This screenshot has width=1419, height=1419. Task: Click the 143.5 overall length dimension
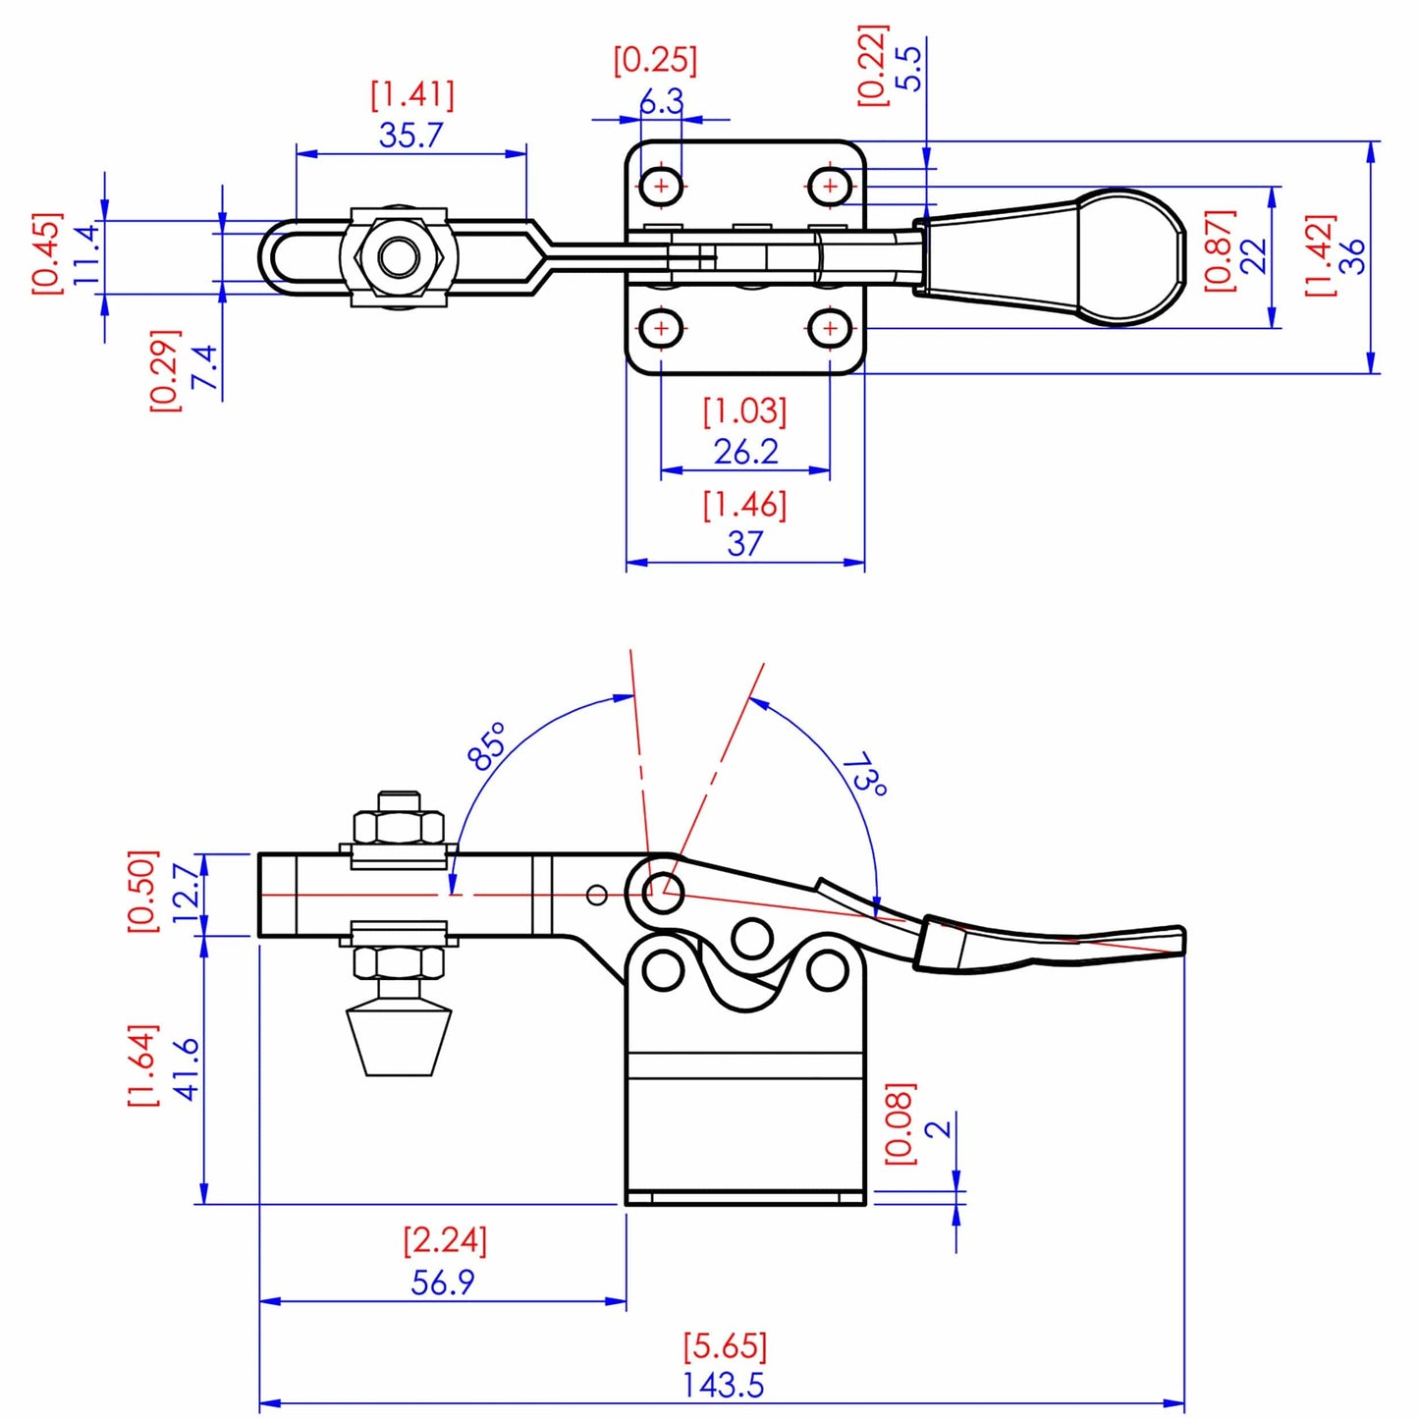pos(723,1385)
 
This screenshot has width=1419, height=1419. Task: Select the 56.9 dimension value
pos(442,1282)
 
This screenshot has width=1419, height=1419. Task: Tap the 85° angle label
pos(487,746)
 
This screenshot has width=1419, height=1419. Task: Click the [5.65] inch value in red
pos(725,1344)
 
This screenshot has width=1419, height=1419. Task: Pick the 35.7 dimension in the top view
pos(410,135)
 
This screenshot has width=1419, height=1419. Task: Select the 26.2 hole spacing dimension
pos(745,452)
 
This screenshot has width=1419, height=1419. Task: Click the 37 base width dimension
pos(745,543)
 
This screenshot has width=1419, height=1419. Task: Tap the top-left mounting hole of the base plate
pos(661,185)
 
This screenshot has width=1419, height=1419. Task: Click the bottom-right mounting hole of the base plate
pos(830,327)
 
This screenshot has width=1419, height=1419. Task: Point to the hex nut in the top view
pos(399,257)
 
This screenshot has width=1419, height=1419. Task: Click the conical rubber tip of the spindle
pos(399,1041)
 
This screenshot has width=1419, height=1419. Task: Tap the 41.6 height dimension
pos(186,1067)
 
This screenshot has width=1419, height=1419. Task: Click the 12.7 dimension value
pos(186,893)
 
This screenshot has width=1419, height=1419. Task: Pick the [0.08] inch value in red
pos(901,1124)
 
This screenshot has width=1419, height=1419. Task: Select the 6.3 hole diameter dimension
pos(661,100)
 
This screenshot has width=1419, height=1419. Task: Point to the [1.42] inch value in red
pos(1320,255)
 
